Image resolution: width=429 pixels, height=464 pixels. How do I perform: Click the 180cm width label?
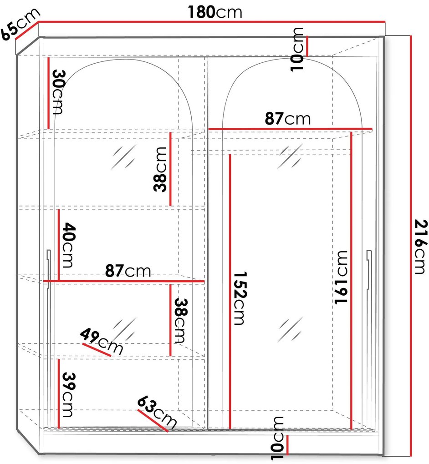click(x=215, y=12)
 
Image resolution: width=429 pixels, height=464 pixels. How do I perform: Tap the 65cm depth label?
click(x=20, y=24)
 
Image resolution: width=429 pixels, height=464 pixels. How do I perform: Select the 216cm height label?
click(x=421, y=247)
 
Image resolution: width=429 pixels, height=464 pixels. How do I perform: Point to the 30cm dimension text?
click(x=58, y=92)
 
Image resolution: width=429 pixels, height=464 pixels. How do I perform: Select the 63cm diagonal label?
click(x=157, y=411)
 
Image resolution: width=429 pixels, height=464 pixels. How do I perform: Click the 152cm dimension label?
click(x=240, y=298)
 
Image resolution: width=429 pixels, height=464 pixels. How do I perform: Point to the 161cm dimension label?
click(x=341, y=277)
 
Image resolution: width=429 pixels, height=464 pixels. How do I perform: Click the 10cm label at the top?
click(x=297, y=49)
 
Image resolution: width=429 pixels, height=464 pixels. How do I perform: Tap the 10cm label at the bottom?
click(x=278, y=438)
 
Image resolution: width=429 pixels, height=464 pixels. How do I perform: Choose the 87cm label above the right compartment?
click(x=288, y=118)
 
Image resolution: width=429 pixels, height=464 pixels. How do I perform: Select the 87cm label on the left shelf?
click(x=128, y=271)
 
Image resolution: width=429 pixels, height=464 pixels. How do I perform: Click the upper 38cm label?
click(x=160, y=169)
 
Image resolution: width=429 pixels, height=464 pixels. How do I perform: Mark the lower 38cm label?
click(x=180, y=320)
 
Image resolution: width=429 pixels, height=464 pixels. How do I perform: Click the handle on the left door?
click(x=49, y=269)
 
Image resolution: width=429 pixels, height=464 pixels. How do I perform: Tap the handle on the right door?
click(x=369, y=269)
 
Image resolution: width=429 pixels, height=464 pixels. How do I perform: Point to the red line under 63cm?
click(x=153, y=420)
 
